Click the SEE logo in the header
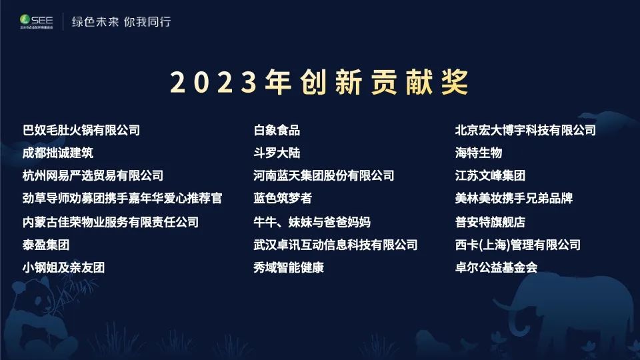pyautogui.click(x=36, y=21)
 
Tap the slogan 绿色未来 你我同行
pyautogui.click(x=121, y=21)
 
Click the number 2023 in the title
pyautogui.click(x=213, y=82)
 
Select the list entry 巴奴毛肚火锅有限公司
pyautogui.click(x=81, y=130)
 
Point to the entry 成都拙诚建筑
pyautogui.click(x=58, y=153)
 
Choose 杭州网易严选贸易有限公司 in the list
pyautogui.click(x=93, y=175)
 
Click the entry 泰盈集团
pyautogui.click(x=46, y=245)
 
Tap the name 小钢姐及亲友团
pyautogui.click(x=64, y=267)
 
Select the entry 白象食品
pyautogui.click(x=277, y=130)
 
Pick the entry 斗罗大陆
pyautogui.click(x=277, y=153)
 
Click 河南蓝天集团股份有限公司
pyautogui.click(x=324, y=175)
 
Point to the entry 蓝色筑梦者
pyautogui.click(x=283, y=198)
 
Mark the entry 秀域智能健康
pyautogui.click(x=289, y=267)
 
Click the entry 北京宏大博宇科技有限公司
pyautogui.click(x=525, y=130)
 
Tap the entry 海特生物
pyautogui.click(x=479, y=153)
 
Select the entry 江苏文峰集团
pyautogui.click(x=490, y=175)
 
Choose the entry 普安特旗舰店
pyautogui.click(x=490, y=222)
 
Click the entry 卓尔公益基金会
pyautogui.click(x=496, y=267)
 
